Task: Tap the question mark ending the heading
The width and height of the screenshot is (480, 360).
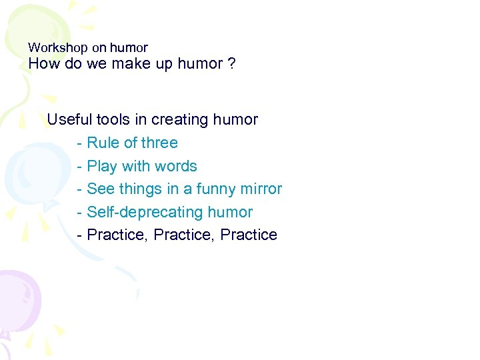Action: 231,64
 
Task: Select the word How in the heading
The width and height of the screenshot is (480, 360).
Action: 44,64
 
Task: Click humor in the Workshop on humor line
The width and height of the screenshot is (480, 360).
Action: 129,48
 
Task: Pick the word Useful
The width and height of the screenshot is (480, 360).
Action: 69,120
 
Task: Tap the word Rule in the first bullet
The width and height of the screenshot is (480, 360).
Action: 103,143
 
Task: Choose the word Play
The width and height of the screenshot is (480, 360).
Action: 102,166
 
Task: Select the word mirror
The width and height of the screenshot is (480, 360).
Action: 261,189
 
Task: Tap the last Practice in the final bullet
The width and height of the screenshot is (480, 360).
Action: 248,235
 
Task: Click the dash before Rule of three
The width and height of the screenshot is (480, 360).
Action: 80,143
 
